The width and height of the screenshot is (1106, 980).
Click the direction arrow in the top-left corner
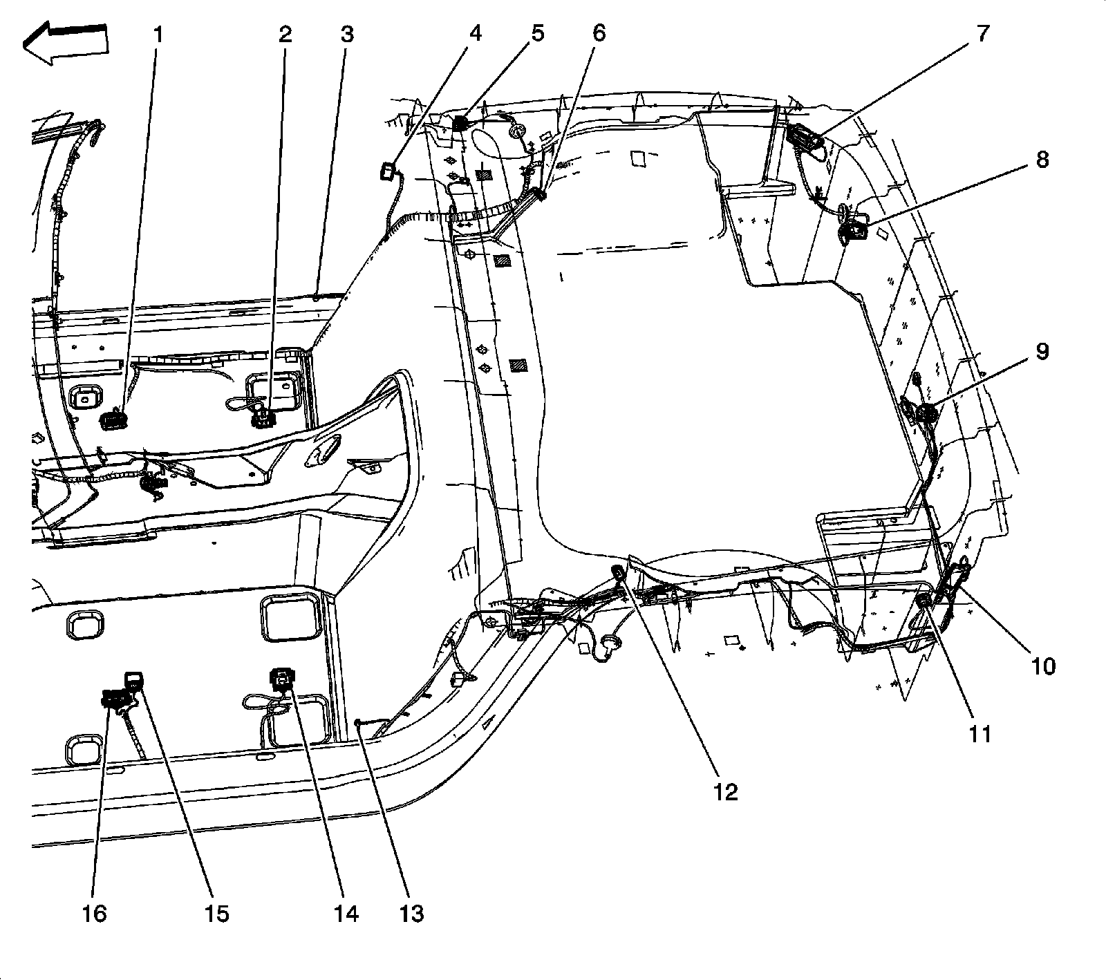pyautogui.click(x=65, y=44)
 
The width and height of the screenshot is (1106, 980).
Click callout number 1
pyautogui.click(x=160, y=34)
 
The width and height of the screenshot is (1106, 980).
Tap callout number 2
pyautogui.click(x=285, y=34)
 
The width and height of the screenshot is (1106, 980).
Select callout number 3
pyautogui.click(x=346, y=34)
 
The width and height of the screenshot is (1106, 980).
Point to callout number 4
pyautogui.click(x=476, y=33)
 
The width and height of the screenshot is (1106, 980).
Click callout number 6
pyautogui.click(x=598, y=33)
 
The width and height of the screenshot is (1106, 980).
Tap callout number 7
pyautogui.click(x=982, y=33)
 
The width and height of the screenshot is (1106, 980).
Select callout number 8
pyautogui.click(x=1042, y=160)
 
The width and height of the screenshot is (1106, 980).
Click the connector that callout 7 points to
pyautogui.click(x=806, y=135)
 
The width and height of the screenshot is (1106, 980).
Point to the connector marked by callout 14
pyautogui.click(x=281, y=679)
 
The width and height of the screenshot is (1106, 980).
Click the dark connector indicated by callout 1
pyautogui.click(x=113, y=420)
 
